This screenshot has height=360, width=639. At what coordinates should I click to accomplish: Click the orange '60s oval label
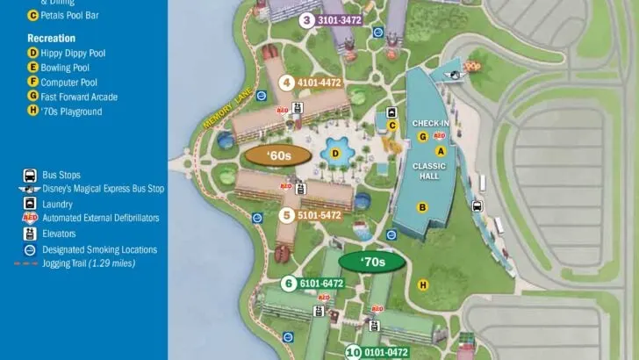[268, 156]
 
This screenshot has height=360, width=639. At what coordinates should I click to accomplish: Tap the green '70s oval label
[372, 262]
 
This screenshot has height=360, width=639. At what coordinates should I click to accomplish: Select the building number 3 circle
[306, 20]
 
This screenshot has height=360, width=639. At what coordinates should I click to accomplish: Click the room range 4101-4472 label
[319, 83]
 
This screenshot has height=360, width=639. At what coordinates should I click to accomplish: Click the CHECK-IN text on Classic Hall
[431, 124]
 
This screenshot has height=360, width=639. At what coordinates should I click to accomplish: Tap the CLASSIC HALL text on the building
[430, 171]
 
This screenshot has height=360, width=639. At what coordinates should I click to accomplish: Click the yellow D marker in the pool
[335, 154]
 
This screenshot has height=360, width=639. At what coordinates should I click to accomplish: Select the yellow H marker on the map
[423, 284]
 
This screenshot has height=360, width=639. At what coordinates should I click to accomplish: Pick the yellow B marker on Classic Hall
[422, 208]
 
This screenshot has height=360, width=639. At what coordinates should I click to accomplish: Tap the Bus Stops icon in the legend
[30, 175]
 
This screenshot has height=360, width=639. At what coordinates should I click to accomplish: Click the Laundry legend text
[57, 204]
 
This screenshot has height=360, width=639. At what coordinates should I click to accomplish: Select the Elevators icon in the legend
[30, 234]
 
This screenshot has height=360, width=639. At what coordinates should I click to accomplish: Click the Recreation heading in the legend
[51, 39]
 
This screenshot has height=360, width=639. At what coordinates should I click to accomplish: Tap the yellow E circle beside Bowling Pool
[33, 68]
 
